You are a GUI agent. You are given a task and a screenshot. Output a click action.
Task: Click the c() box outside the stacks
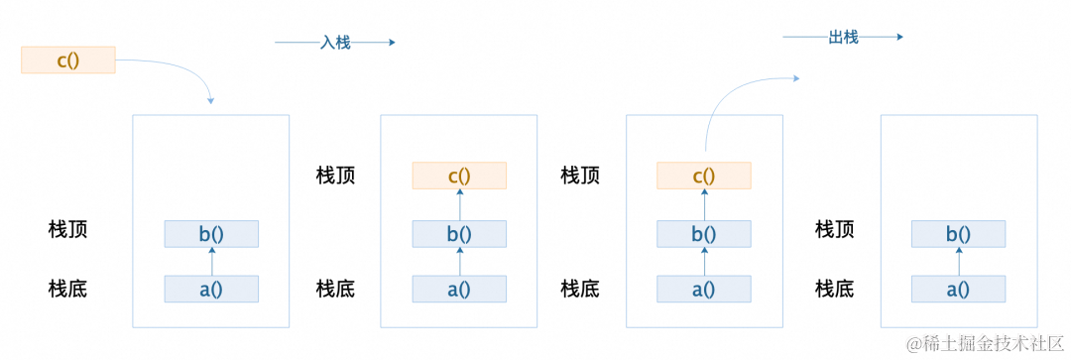[67, 60]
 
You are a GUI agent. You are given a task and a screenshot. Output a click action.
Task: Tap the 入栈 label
[335, 43]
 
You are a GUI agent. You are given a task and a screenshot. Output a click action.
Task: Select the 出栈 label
[843, 37]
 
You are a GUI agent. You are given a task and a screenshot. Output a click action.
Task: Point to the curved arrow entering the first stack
[183, 71]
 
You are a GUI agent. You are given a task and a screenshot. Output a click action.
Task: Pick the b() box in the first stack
[211, 234]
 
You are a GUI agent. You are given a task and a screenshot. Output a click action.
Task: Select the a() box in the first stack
[211, 290]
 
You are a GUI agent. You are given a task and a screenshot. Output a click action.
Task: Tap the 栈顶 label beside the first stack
[68, 230]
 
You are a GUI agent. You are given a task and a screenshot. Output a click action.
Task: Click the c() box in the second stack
[459, 176]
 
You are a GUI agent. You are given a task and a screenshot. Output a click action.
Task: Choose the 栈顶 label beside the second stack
[335, 176]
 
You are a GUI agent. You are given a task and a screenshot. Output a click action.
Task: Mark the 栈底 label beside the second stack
[335, 289]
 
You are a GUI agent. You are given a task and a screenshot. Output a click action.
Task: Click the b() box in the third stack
[703, 234]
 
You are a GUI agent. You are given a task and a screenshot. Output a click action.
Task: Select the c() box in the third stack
[703, 176]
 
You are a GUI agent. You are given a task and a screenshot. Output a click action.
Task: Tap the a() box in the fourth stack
[958, 290]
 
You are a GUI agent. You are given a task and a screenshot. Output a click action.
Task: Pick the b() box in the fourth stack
[958, 234]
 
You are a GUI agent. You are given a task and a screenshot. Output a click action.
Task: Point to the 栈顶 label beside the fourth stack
[835, 230]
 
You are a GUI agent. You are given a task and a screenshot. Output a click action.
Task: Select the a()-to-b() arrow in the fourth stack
[958, 262]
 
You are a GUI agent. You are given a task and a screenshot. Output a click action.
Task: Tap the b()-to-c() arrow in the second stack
[459, 204]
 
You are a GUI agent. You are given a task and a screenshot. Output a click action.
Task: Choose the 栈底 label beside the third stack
[580, 289]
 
